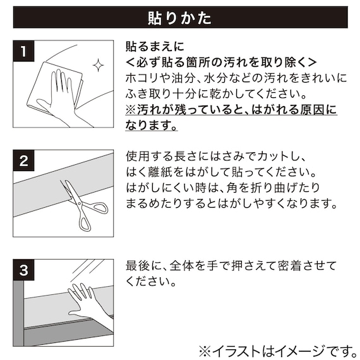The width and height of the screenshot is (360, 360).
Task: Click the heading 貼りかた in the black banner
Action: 179,16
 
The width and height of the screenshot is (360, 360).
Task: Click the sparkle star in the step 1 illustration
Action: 98,66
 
